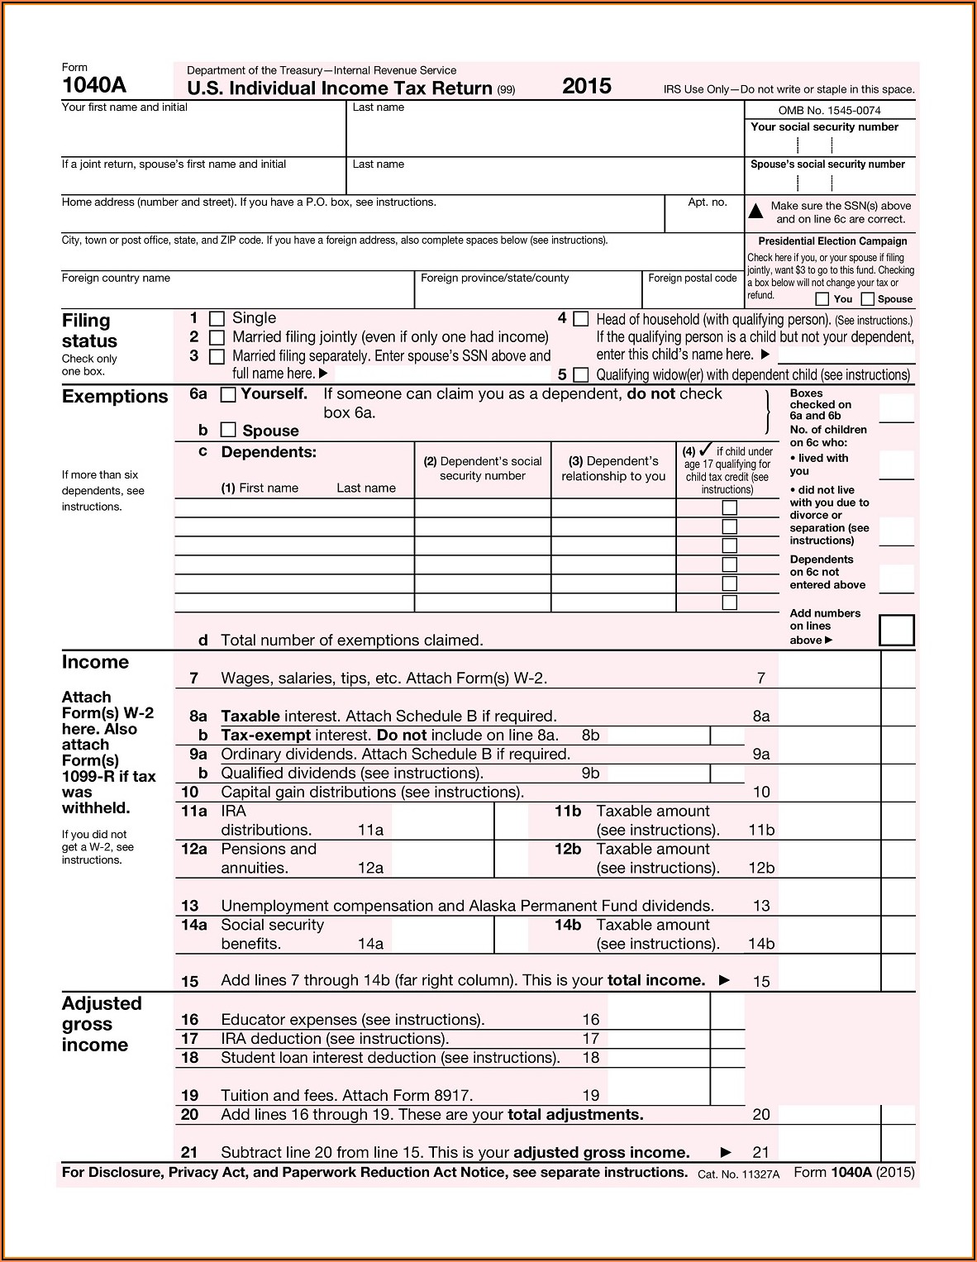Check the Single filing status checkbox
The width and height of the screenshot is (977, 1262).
tap(217, 319)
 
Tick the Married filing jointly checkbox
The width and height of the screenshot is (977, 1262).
tap(217, 338)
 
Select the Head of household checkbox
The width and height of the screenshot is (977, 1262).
tap(581, 319)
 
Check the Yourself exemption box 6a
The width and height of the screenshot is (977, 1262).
tap(229, 395)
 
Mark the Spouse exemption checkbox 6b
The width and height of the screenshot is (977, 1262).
tap(229, 430)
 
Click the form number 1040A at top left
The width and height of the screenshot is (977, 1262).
tap(93, 85)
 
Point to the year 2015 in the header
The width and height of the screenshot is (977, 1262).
tap(587, 86)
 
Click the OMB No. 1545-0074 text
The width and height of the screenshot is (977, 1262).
tap(829, 110)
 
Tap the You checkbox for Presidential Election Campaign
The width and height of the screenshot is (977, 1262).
tap(822, 299)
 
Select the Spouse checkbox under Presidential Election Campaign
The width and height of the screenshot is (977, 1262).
tap(868, 299)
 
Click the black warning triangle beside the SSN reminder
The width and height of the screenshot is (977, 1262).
tap(755, 212)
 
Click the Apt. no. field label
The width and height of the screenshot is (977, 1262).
tap(708, 202)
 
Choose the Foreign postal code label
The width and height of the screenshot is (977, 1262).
tap(692, 278)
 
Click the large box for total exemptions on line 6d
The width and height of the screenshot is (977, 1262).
tap(897, 630)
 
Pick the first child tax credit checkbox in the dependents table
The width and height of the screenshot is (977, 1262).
tap(730, 507)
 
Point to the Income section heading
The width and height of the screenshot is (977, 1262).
tap(95, 662)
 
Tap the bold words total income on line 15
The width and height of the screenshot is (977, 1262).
tap(656, 981)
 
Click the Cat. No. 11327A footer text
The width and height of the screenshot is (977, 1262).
tap(738, 1174)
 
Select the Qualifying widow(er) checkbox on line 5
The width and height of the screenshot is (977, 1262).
tap(581, 375)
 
